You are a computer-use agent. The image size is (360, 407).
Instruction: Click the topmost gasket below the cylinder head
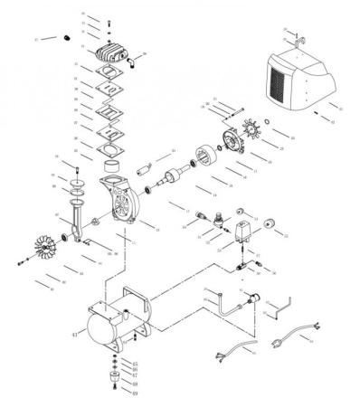tap(110, 74)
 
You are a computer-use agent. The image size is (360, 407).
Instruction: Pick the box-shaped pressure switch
tap(243, 232)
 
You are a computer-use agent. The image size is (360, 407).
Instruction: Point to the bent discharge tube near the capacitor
tap(221, 303)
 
